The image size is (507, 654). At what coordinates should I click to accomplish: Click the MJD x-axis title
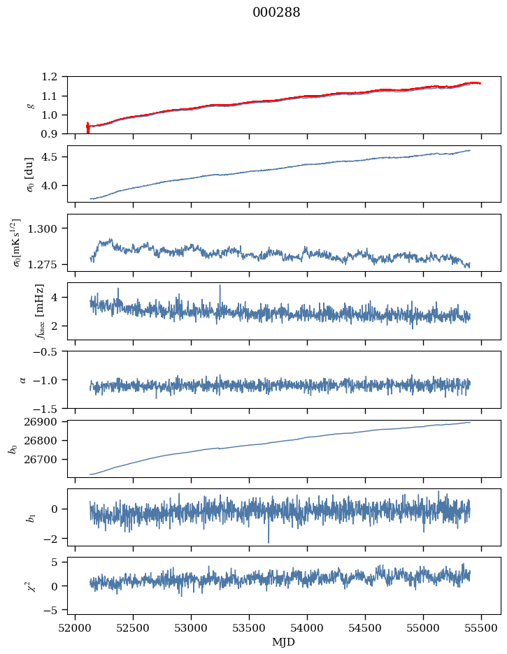coord(284,642)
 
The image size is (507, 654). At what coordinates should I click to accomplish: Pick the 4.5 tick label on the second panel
coord(55,157)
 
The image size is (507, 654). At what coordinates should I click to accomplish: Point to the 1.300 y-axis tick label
coord(48,228)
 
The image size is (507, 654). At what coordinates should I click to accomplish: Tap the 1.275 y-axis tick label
coord(48,265)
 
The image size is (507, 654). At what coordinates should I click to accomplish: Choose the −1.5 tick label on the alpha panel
coord(50,408)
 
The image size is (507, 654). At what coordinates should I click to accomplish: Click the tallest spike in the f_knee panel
coord(220,286)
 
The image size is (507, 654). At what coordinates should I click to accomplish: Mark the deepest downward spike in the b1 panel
coord(268,542)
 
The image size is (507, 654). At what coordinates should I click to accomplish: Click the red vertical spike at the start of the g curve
coord(87,128)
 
